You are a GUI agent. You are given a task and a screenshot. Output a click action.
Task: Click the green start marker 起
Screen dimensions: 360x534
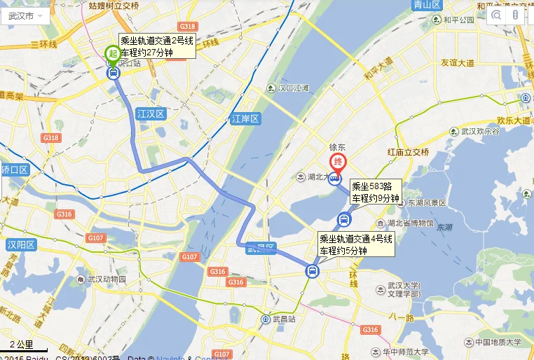click(112, 53)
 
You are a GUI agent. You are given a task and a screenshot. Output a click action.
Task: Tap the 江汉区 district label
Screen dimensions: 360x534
click(150, 113)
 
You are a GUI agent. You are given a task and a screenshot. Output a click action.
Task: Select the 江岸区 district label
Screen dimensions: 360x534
click(245, 119)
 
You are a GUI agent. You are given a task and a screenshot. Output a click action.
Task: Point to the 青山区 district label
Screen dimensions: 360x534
click(427, 5)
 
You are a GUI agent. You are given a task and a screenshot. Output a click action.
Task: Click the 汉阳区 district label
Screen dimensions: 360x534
click(20, 244)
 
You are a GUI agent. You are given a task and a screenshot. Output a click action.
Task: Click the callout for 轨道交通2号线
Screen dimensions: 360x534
click(156, 46)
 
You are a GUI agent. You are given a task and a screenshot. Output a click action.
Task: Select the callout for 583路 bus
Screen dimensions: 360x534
click(376, 192)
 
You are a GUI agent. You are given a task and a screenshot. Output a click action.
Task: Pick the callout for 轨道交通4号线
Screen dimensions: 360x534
click(356, 244)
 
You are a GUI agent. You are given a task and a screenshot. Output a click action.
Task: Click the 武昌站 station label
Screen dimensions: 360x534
click(279, 319)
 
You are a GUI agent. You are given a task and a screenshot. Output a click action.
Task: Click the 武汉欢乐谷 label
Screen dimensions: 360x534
click(480, 131)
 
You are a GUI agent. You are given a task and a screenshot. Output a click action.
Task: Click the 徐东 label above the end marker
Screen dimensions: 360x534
click(338, 148)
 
